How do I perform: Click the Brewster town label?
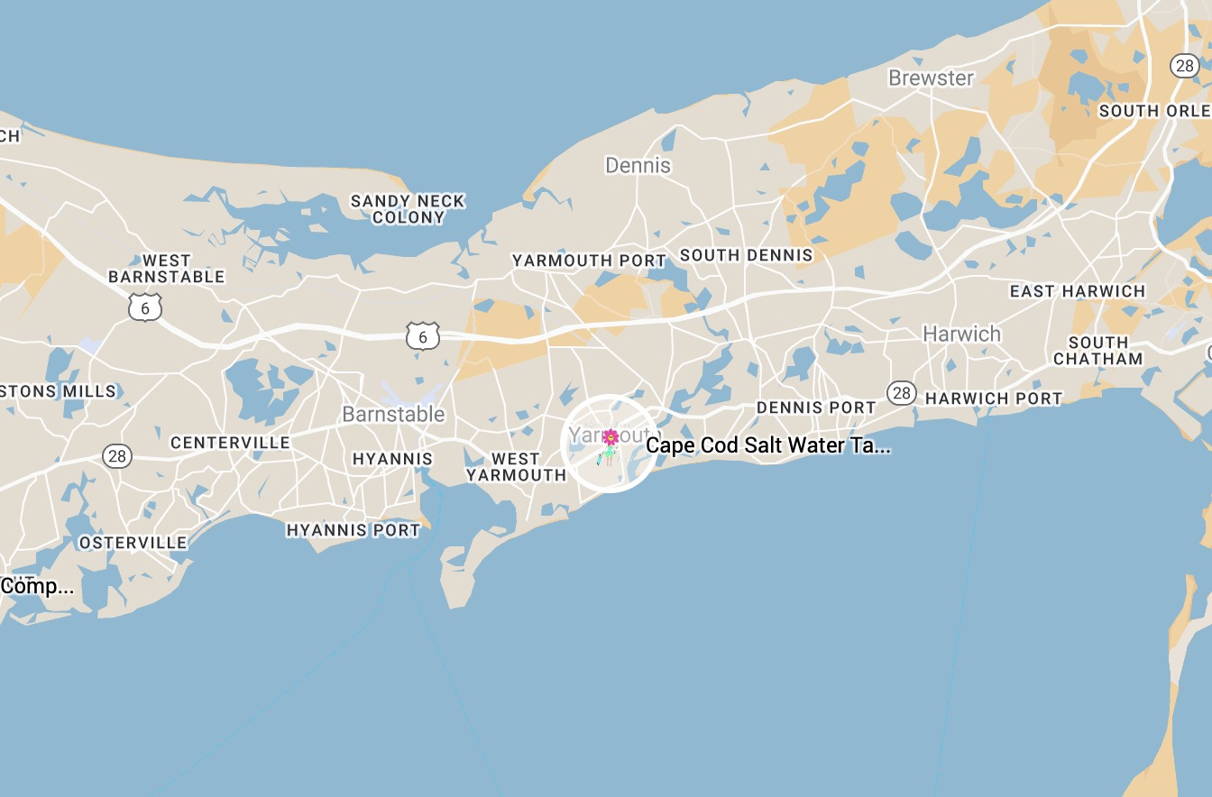pyautogui.click(x=931, y=78)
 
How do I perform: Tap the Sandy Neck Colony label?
pyautogui.click(x=408, y=209)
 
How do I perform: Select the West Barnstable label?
pyautogui.click(x=167, y=269)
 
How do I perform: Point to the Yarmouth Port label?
pyautogui.click(x=589, y=261)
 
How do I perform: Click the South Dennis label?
pyautogui.click(x=746, y=255)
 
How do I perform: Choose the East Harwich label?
pyautogui.click(x=1077, y=291)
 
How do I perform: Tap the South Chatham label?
pyautogui.click(x=1097, y=351)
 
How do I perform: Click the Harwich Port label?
pyautogui.click(x=994, y=398)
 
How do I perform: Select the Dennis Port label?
pyautogui.click(x=815, y=408)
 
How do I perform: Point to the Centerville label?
pyautogui.click(x=230, y=443)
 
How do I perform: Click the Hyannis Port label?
pyautogui.click(x=353, y=530)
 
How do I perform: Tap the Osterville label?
pyautogui.click(x=133, y=543)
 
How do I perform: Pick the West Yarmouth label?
pyautogui.click(x=516, y=467)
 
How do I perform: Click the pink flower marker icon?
pyautogui.click(x=611, y=438)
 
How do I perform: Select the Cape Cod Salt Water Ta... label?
pyautogui.click(x=768, y=445)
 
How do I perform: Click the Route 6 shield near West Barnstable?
pyautogui.click(x=144, y=307)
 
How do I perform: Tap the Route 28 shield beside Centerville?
pyautogui.click(x=117, y=456)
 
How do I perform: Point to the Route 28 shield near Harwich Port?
pyautogui.click(x=900, y=392)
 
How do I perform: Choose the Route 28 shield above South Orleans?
pyautogui.click(x=1183, y=65)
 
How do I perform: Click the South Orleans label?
pyautogui.click(x=1154, y=111)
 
